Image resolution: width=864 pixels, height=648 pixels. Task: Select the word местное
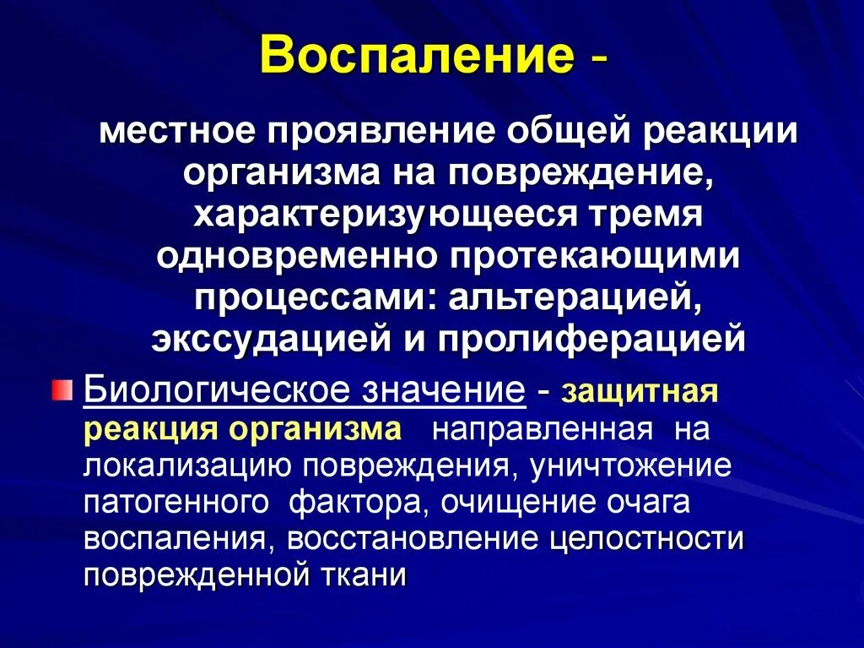click(176, 133)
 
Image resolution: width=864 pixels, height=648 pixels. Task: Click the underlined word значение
click(444, 391)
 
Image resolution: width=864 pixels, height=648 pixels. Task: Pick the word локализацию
click(184, 466)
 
